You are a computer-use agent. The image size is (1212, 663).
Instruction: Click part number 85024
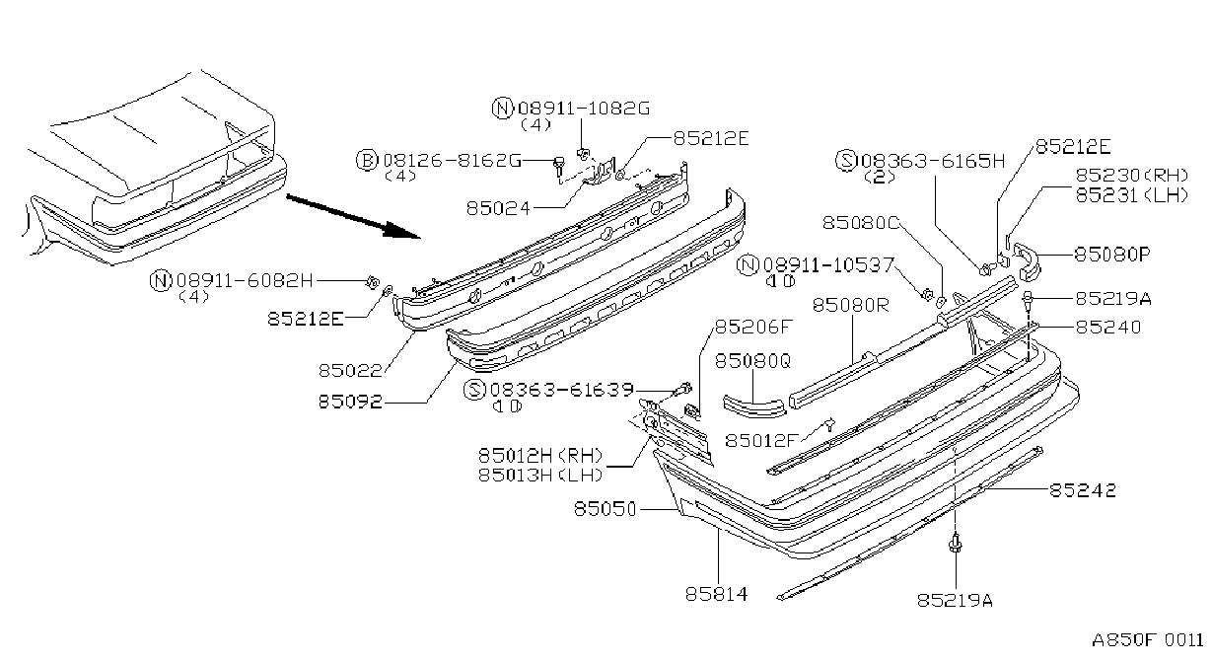click(x=498, y=208)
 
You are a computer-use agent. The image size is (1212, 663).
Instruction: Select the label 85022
click(x=350, y=370)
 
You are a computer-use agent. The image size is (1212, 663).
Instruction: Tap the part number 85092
click(x=350, y=401)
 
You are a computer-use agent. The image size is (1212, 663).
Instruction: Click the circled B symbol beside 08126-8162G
click(x=367, y=160)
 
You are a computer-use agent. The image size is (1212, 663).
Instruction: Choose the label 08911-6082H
click(x=245, y=280)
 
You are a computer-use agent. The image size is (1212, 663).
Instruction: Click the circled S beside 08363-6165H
click(x=846, y=160)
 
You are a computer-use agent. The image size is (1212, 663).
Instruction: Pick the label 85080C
click(x=860, y=222)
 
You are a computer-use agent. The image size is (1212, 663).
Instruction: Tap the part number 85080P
click(x=1112, y=254)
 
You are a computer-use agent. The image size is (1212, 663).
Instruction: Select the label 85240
click(x=1108, y=327)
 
